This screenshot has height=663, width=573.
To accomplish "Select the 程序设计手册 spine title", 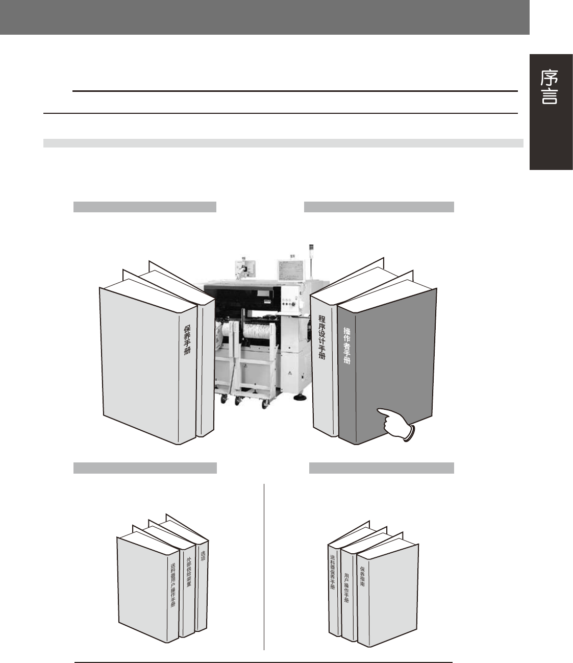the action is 322,337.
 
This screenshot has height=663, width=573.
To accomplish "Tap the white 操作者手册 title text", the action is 347,346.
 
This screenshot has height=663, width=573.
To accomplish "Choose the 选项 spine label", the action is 203,556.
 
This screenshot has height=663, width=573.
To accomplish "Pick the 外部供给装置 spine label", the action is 188,572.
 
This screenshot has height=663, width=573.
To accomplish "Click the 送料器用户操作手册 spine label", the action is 173,584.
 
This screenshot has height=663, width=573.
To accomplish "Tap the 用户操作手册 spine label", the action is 347,587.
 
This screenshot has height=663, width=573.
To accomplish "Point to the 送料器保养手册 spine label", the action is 332,573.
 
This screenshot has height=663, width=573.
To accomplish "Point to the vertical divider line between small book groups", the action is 264,567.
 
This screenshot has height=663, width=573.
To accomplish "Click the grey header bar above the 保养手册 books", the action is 145,207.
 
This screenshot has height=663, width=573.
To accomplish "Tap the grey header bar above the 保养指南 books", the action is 382,468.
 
